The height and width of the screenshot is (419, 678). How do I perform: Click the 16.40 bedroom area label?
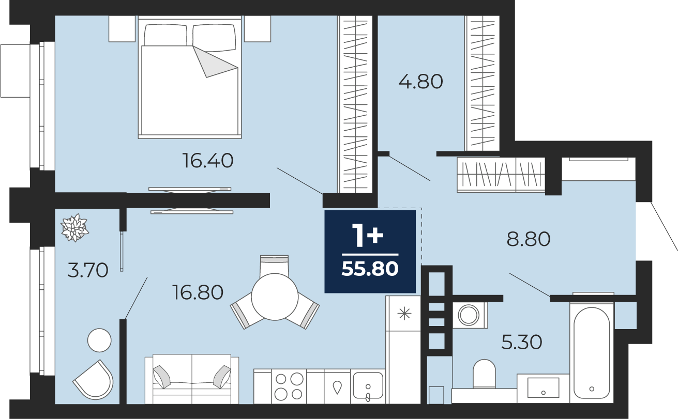[207, 161]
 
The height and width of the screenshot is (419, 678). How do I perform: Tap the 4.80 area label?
[421, 82]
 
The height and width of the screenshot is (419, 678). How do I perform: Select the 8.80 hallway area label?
[529, 239]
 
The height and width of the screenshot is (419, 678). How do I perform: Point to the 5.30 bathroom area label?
[521, 342]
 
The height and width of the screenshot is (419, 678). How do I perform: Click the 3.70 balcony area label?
[88, 270]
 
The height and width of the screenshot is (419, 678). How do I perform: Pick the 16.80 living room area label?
[198, 292]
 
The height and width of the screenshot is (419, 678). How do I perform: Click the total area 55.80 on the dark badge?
[370, 269]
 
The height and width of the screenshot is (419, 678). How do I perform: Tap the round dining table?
[275, 297]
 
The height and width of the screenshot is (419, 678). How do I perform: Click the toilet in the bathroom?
[484, 374]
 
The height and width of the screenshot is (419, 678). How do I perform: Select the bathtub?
[592, 353]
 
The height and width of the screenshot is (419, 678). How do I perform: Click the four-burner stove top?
[289, 386]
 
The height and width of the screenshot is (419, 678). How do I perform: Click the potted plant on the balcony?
[74, 228]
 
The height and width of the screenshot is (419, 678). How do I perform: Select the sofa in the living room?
[191, 379]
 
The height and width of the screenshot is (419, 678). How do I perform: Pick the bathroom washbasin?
[543, 388]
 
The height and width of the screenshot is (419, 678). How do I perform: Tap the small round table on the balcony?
[99, 340]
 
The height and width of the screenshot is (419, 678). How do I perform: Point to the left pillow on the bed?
[165, 35]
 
